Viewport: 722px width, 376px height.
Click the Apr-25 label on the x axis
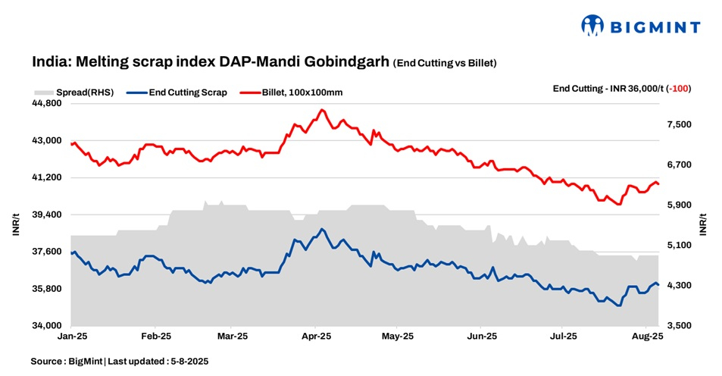pyautogui.click(x=317, y=335)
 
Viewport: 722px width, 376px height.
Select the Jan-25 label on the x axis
pyautogui.click(x=71, y=335)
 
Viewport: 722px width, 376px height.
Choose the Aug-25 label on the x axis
pyautogui.click(x=649, y=335)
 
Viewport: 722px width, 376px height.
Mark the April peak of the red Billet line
pyautogui.click(x=322, y=110)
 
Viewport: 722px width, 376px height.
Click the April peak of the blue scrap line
pyautogui.click(x=322, y=229)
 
